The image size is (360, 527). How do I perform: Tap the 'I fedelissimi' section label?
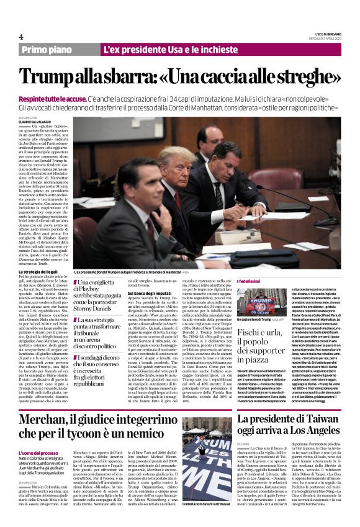[x=249, y=282]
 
